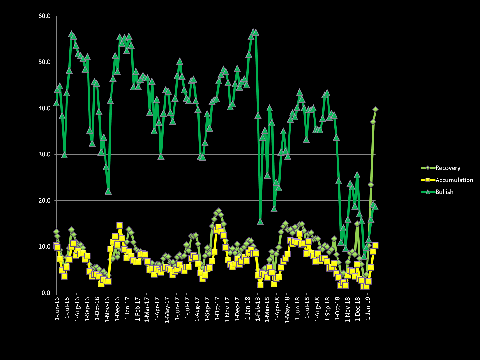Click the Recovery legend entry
point(447,168)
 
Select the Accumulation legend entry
point(454,180)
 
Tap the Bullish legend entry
point(444,192)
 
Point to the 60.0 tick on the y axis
point(44,16)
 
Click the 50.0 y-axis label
point(44,62)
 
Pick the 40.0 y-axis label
point(44,108)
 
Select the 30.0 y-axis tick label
point(44,154)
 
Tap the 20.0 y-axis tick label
point(44,201)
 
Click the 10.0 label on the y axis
point(44,247)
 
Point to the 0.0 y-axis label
point(46,293)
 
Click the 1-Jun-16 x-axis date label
point(57,309)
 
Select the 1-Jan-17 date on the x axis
point(127,309)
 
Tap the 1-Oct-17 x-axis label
point(217,309)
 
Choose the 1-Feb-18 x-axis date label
point(257,309)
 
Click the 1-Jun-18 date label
point(297,309)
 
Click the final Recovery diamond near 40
point(375,110)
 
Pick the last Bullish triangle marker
point(375,207)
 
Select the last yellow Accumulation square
point(375,245)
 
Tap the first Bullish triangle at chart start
point(56,103)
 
